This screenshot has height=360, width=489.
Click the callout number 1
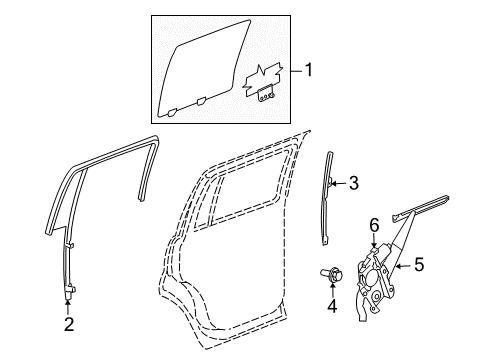pyautogui.click(x=309, y=70)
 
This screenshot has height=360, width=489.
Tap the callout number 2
pyautogui.click(x=68, y=323)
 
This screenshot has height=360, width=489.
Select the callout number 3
pyautogui.click(x=352, y=182)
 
